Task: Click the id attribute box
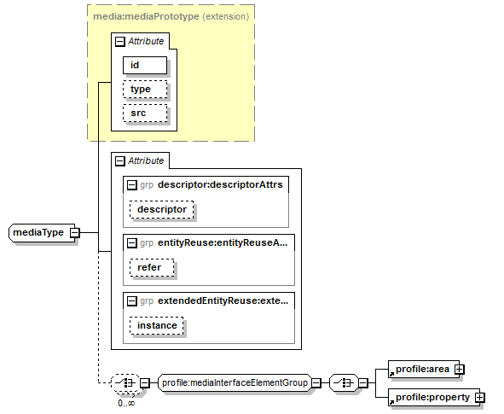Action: tap(145, 65)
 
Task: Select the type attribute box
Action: tap(145, 89)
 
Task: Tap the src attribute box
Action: tap(145, 113)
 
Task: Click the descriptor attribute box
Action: tap(162, 209)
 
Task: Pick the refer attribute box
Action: tap(152, 267)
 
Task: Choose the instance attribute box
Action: tap(157, 325)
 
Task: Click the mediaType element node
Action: tap(42, 232)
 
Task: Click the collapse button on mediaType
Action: tap(74, 232)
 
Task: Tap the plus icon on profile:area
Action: tap(460, 370)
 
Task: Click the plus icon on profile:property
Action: tap(479, 398)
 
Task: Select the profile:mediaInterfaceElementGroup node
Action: tap(235, 382)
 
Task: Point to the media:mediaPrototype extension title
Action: tap(171, 16)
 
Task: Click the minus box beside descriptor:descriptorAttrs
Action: tap(132, 185)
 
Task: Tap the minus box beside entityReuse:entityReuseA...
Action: tap(132, 243)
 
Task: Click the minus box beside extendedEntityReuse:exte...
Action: tap(132, 301)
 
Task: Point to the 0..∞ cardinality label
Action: tap(126, 403)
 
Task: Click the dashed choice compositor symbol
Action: tap(125, 382)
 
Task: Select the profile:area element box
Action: tap(424, 370)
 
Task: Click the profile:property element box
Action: tap(434, 398)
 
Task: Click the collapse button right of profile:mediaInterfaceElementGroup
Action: tap(316, 382)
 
